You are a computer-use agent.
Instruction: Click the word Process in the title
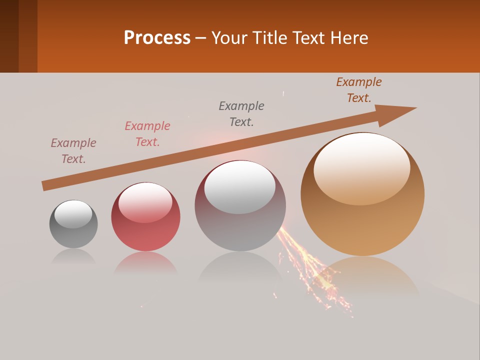(x=157, y=38)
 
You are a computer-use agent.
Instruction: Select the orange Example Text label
(x=359, y=90)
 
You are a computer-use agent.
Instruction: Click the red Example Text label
(x=147, y=134)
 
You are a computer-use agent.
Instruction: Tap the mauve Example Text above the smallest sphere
(x=73, y=151)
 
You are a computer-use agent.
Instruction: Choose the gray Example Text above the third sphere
(x=241, y=114)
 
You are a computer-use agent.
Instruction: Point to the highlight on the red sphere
(x=145, y=202)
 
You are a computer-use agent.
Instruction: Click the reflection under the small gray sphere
(x=73, y=256)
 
